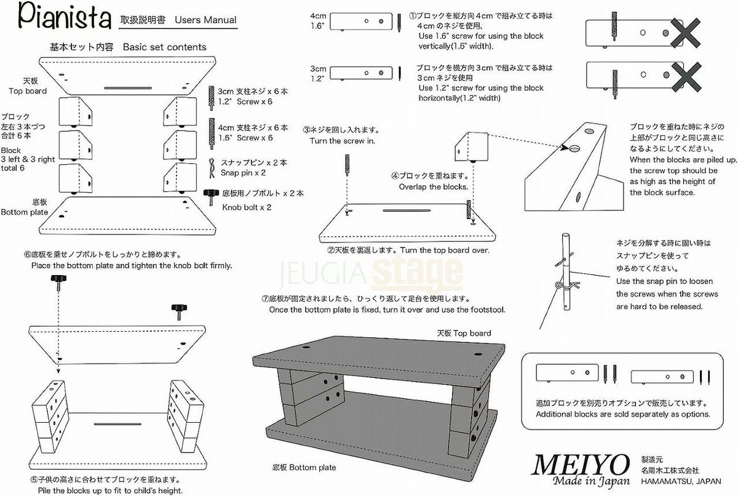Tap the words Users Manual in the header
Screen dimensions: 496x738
(205, 20)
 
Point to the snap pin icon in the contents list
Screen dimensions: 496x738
(212, 166)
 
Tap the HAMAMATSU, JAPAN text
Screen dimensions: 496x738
(680, 482)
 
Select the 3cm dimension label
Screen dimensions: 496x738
(318, 69)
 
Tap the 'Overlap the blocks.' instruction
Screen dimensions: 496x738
(433, 186)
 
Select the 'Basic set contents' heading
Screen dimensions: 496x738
(164, 47)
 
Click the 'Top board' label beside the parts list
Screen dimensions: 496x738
(28, 91)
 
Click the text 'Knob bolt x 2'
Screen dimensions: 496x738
(247, 207)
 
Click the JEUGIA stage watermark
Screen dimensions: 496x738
(372, 271)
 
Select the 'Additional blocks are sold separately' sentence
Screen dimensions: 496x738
(623, 414)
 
